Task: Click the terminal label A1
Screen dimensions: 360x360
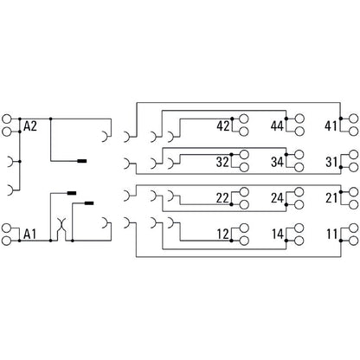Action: coord(30,234)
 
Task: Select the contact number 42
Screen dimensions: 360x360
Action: coord(222,126)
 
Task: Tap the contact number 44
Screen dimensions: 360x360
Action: coord(278,126)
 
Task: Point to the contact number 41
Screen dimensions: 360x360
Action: coord(331,126)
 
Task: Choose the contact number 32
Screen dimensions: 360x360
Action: coord(222,161)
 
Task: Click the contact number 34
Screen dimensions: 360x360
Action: coord(278,161)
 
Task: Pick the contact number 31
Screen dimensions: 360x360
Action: coord(331,161)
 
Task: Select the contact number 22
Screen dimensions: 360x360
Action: coord(222,198)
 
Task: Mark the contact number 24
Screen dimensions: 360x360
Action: coord(278,198)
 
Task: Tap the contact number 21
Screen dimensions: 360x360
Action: coord(331,198)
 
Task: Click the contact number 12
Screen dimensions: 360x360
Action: coord(222,234)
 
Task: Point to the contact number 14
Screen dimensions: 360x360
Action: coord(278,234)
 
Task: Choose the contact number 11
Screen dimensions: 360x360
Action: coord(331,234)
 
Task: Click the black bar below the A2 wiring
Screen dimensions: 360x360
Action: coord(83,160)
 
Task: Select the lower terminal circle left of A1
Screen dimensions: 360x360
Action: coord(10,239)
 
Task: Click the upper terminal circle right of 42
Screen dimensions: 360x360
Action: coord(245,120)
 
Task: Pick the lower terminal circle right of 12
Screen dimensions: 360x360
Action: coord(245,240)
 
